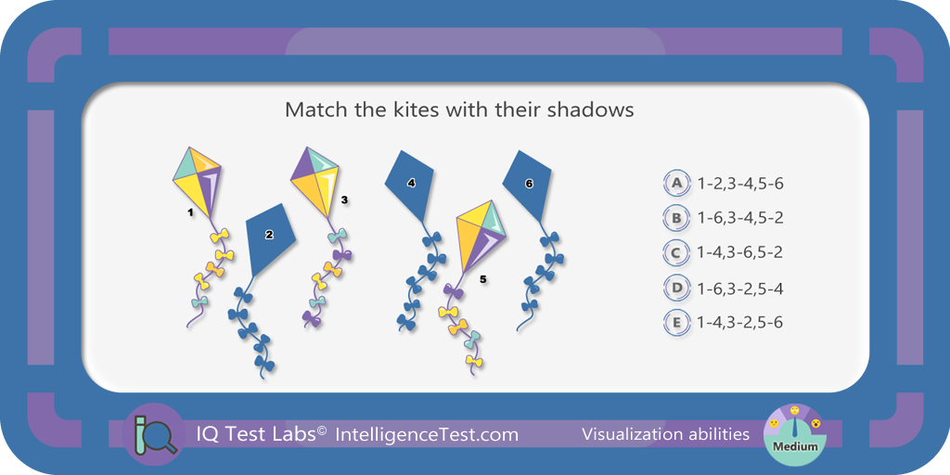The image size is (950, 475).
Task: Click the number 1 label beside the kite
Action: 190,212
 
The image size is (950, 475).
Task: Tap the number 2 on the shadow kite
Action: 270,235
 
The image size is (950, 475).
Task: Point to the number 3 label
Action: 345,199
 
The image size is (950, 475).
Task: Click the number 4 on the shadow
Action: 411,183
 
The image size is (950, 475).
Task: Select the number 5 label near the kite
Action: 482,279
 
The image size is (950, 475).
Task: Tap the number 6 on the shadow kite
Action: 529,184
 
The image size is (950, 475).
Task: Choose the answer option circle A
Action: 676,183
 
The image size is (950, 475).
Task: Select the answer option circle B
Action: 676,217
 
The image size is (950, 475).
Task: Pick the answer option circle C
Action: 676,252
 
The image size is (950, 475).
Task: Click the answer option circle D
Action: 676,288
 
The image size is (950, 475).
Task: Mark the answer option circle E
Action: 676,322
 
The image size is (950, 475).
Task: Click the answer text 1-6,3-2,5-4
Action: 740,288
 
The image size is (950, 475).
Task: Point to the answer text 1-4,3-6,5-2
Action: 740,252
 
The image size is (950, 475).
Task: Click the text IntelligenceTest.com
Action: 427,434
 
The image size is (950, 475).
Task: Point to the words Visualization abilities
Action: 665,434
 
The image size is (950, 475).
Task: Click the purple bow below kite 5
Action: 453,292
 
